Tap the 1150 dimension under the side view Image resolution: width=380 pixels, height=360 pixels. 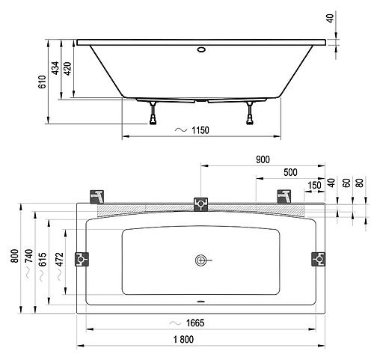[197, 130]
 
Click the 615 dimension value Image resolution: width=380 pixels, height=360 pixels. [45, 259]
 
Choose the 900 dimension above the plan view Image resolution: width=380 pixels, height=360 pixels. [263, 159]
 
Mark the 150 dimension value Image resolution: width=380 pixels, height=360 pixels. [315, 186]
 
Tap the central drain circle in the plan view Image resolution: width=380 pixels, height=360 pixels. [200, 260]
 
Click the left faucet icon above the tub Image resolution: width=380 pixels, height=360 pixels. [96, 196]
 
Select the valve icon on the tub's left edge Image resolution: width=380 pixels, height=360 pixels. [84, 259]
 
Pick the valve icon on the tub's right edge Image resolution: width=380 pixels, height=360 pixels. [318, 259]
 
